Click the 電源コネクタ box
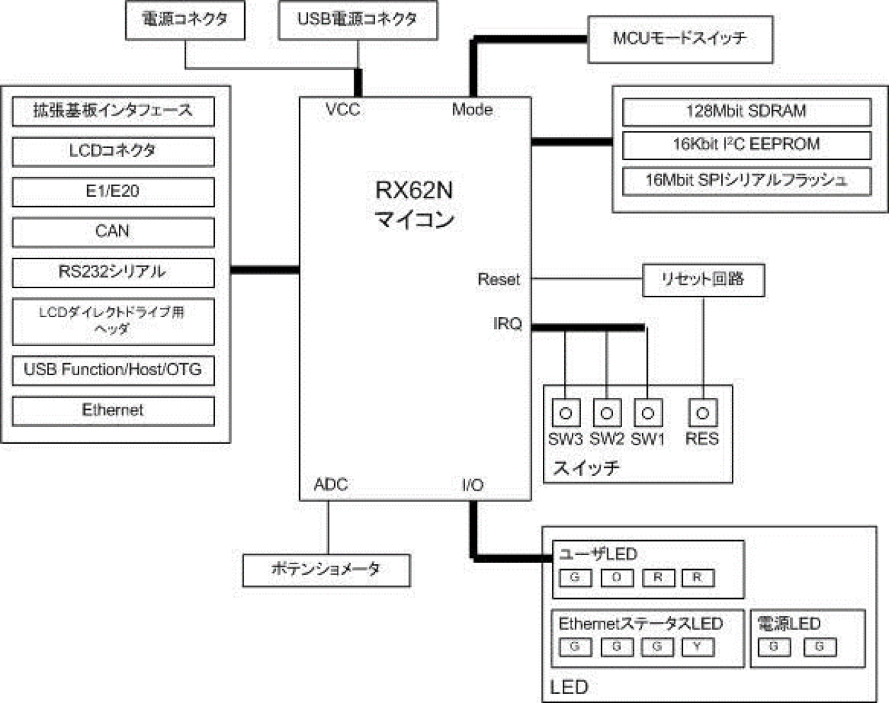tap(185, 20)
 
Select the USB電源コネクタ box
tap(357, 20)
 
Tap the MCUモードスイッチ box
tap(679, 39)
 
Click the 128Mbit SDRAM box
tap(746, 112)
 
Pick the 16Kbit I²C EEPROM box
tap(746, 145)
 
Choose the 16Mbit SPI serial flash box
tap(746, 181)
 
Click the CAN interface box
tap(113, 232)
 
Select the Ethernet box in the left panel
tap(113, 411)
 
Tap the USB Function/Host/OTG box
tap(113, 370)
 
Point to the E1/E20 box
tap(113, 191)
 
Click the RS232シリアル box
tap(113, 273)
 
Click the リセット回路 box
tap(703, 280)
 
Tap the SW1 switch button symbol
tap(648, 413)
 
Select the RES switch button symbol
tap(702, 413)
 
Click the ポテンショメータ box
tap(326, 570)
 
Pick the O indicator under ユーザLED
tap(616, 578)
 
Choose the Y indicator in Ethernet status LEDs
tap(698, 646)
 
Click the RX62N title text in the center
tap(414, 190)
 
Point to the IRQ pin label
tap(507, 324)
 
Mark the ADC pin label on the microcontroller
tap(331, 485)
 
